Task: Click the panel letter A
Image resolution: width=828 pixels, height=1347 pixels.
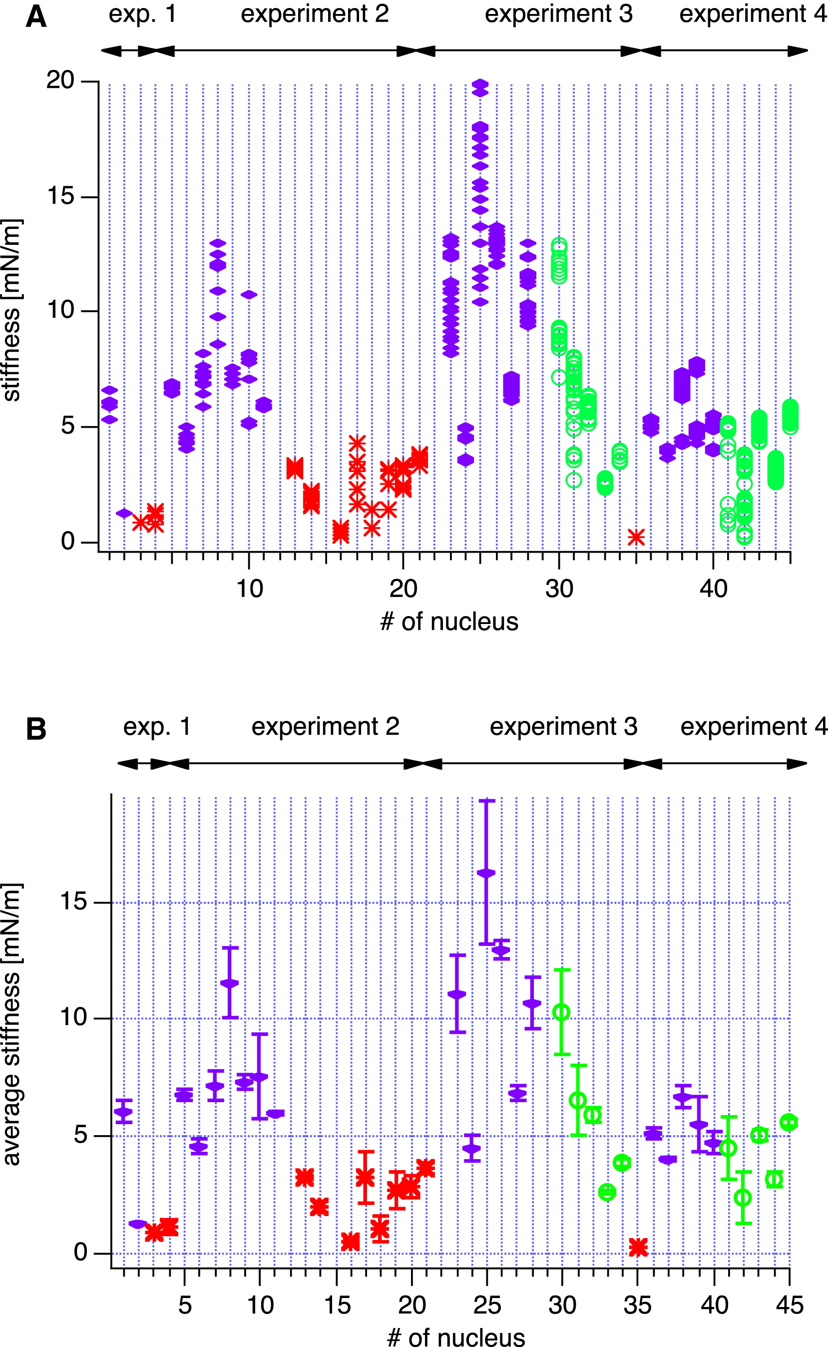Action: (36, 16)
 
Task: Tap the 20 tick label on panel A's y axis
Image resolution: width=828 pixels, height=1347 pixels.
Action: (60, 80)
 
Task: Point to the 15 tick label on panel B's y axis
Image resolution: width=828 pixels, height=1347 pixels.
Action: (73, 902)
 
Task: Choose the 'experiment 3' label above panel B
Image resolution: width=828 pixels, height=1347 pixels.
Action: (563, 727)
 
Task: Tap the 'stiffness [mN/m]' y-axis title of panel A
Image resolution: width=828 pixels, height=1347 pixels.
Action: (12, 310)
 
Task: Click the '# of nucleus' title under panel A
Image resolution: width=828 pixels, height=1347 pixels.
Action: (449, 622)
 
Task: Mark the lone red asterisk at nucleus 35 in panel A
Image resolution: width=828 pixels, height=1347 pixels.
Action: (636, 538)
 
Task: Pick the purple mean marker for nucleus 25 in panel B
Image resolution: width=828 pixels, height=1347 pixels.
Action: (486, 873)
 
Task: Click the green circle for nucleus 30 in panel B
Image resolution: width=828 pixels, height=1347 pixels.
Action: (561, 1012)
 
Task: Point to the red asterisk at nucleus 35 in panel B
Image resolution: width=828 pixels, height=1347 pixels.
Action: (638, 1248)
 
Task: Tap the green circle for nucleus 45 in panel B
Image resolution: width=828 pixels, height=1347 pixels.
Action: (789, 1122)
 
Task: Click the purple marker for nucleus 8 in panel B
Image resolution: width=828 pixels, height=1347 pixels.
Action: (230, 983)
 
